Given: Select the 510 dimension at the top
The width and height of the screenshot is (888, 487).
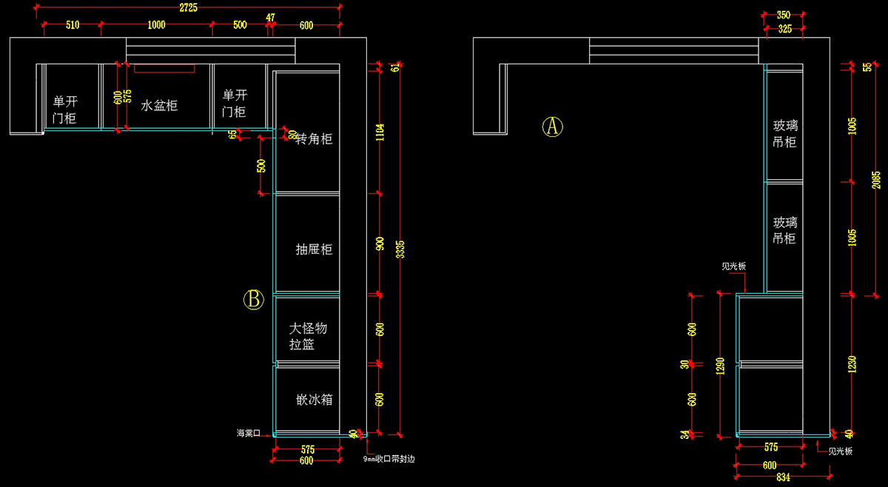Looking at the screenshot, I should [x=72, y=25].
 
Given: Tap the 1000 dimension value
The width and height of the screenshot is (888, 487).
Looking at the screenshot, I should [x=156, y=25].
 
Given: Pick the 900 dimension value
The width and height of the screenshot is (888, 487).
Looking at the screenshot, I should [x=380, y=243].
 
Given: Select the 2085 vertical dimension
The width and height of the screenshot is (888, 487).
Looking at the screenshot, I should [x=876, y=180].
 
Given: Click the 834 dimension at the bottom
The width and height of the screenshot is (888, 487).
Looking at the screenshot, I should [x=771, y=477].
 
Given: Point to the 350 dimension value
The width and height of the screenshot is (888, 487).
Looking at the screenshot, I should [x=783, y=14].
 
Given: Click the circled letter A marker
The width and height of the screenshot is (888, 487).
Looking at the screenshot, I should [x=552, y=127].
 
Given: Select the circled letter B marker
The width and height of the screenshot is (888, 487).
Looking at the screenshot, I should [x=253, y=299].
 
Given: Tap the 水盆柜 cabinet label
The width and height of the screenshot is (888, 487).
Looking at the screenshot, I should [x=159, y=106].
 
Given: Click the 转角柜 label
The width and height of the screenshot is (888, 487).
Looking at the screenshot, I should [x=314, y=139].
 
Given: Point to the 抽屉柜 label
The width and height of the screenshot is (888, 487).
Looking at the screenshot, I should [x=314, y=249].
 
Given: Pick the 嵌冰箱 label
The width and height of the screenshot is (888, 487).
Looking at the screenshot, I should [x=314, y=400].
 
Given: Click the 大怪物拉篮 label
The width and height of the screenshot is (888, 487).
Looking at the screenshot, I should [x=308, y=336].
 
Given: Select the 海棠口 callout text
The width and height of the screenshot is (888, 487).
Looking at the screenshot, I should [x=249, y=433].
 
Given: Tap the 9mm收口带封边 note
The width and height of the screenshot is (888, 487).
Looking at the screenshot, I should [x=388, y=459].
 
